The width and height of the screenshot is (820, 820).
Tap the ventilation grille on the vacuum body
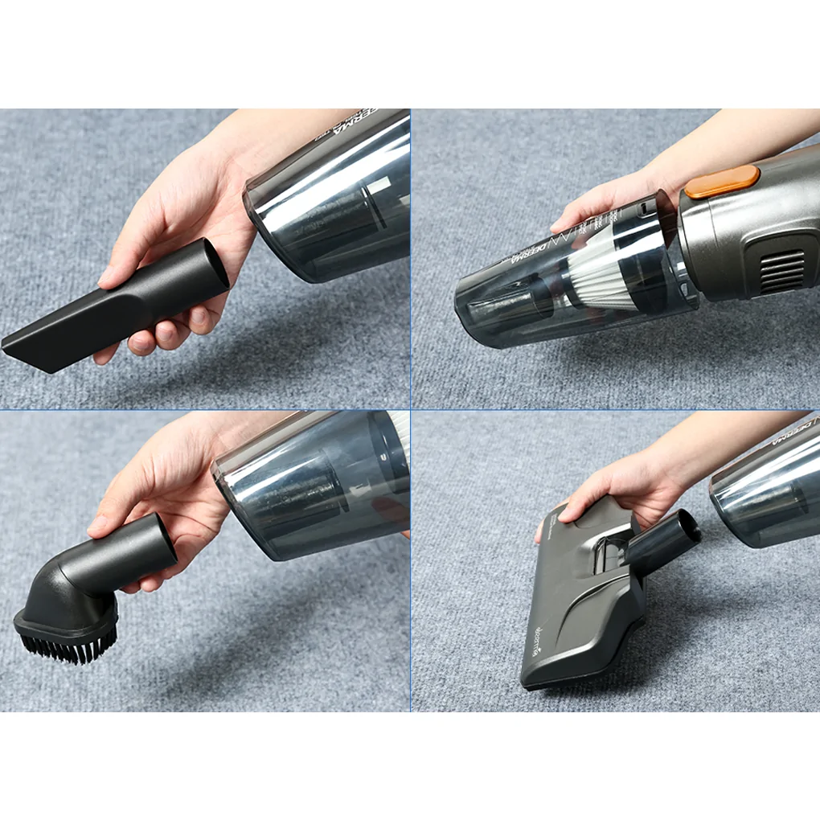tap(781, 271)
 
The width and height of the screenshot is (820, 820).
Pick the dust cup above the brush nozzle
tap(314, 486)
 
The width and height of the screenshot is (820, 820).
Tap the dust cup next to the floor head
tap(768, 490)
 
